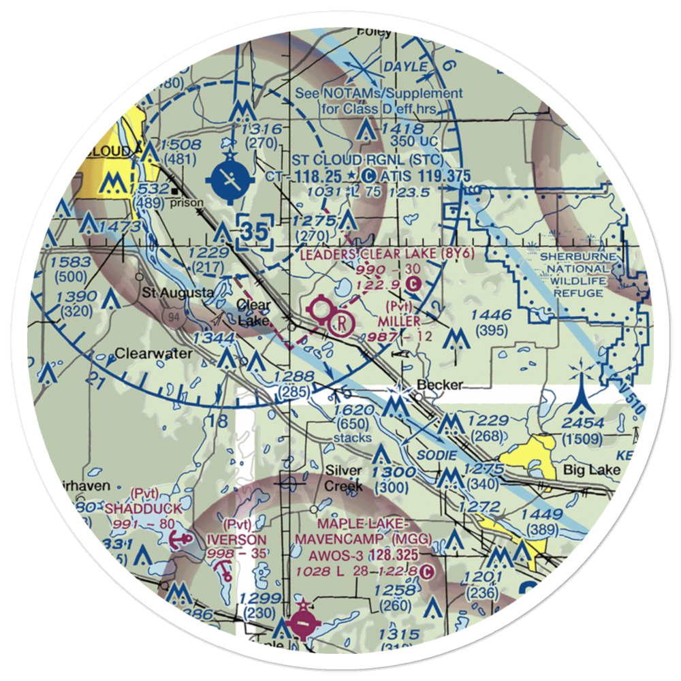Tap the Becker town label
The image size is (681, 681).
440,385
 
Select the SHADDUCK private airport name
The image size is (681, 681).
134,509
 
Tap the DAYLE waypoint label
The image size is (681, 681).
407,67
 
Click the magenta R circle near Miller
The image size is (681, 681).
340,321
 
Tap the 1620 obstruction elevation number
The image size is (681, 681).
355,411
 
